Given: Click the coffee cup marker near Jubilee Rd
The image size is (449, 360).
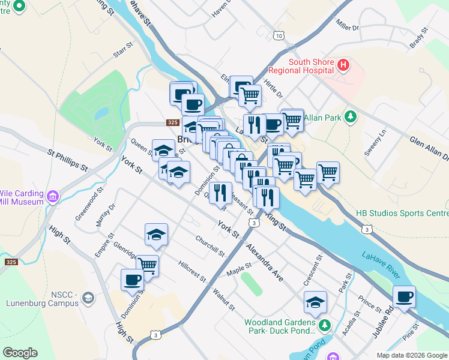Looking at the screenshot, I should [x=404, y=296].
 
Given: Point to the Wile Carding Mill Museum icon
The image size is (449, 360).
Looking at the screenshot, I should [x=53, y=196].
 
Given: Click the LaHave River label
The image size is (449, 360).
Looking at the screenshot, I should [x=381, y=264].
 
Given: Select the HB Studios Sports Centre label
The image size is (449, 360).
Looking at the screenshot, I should [x=402, y=213].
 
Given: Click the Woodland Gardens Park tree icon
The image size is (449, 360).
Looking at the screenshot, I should [x=325, y=326].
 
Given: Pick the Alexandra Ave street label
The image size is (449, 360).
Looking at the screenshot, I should [x=264, y=263].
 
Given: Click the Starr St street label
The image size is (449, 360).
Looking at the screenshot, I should [x=122, y=50].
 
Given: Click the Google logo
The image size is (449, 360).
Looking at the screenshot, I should [x=20, y=352].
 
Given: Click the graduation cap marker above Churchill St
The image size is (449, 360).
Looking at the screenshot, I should [x=156, y=235].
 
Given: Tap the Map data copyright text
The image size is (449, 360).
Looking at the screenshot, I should [x=411, y=355].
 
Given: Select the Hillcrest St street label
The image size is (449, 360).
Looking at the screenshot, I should [x=191, y=272].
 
